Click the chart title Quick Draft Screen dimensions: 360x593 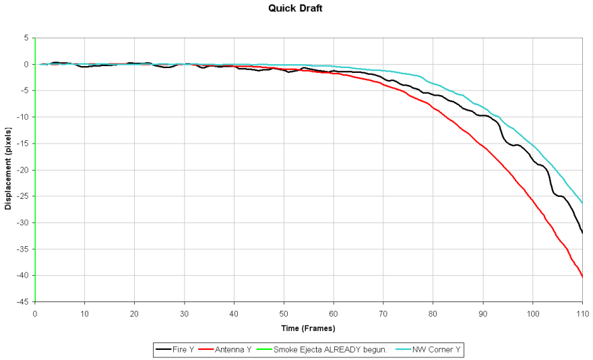(x=296, y=9)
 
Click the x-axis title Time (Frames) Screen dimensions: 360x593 (x=308, y=328)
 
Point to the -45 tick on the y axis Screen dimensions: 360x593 (x=22, y=302)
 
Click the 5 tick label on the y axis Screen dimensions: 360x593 (x=26, y=38)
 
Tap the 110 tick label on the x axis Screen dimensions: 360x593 (x=582, y=313)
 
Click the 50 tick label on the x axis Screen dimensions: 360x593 (x=284, y=313)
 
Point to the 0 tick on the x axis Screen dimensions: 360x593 (x=35, y=313)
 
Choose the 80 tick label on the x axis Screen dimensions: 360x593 (x=433, y=313)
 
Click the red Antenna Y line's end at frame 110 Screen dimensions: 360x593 (x=582, y=277)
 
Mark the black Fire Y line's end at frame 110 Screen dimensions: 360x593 (x=582, y=233)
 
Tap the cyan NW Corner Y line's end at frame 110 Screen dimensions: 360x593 (x=582, y=204)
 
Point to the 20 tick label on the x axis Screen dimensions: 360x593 (x=134, y=313)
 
